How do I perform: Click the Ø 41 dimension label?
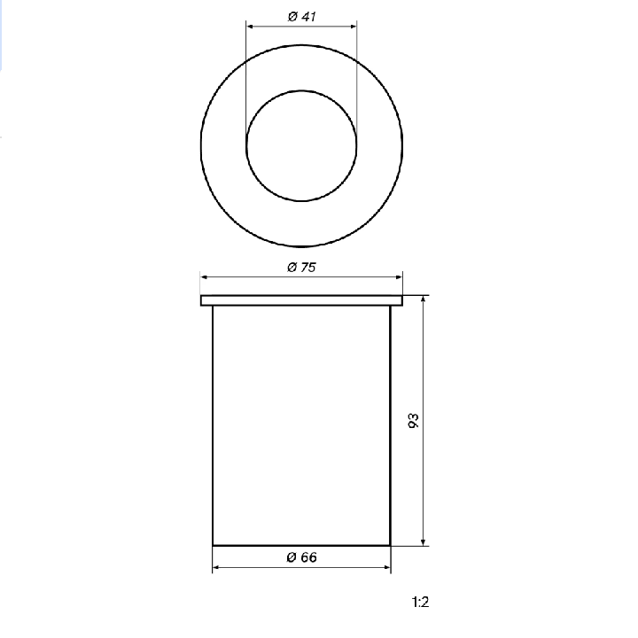point(301,17)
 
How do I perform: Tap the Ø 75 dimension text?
point(301,268)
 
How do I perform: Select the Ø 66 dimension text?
point(301,557)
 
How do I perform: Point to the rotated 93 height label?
point(413,420)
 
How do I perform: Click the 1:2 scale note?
point(420,602)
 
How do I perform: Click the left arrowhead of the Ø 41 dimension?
point(250,27)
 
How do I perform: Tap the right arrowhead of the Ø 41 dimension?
point(354,27)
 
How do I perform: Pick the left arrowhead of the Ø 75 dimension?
point(205,277)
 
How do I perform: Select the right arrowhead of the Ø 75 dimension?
point(399,277)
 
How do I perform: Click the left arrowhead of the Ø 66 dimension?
point(216,567)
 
